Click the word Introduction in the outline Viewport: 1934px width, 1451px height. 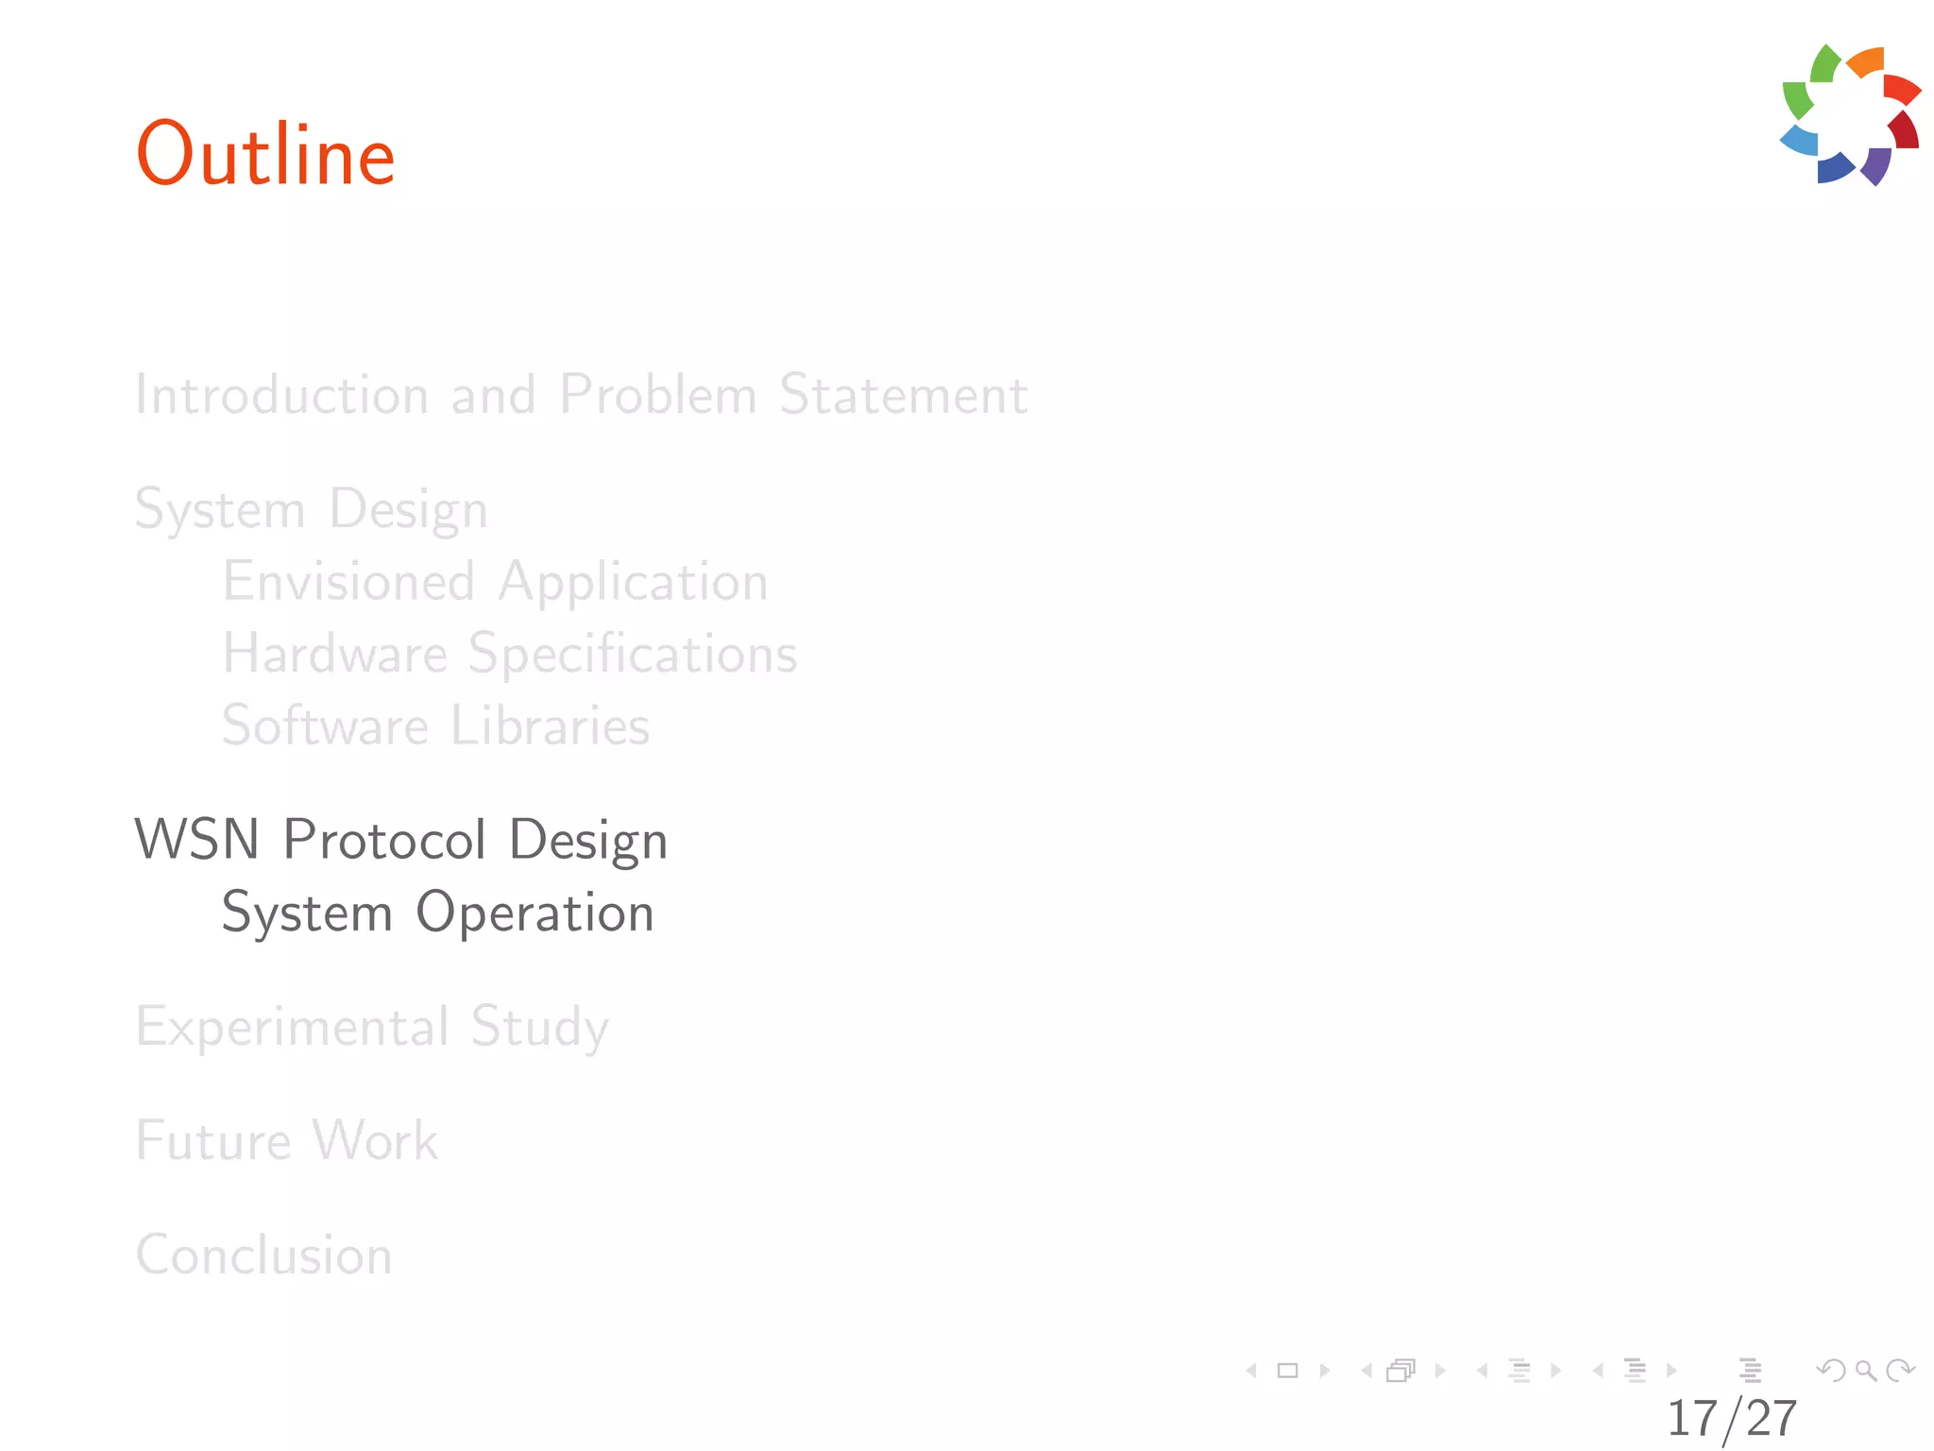282,394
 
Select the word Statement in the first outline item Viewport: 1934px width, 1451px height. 903,394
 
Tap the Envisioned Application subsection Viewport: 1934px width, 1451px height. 495,581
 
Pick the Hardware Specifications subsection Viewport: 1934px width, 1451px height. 510,654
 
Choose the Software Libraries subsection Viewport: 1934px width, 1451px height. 435,725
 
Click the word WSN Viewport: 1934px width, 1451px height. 197,839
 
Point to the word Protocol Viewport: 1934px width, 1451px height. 385,839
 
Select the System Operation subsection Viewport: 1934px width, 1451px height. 437,913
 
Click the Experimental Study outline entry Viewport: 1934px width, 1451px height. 372,1027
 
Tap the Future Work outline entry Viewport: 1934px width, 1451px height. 287,1140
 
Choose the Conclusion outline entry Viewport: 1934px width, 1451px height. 263,1255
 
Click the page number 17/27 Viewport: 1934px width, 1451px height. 1731,1418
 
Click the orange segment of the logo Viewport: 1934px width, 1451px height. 1867,62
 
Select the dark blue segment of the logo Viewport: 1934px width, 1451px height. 1834,167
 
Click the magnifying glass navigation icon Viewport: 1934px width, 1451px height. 1865,1370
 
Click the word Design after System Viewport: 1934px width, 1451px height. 408,509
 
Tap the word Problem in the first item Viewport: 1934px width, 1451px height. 657,394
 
